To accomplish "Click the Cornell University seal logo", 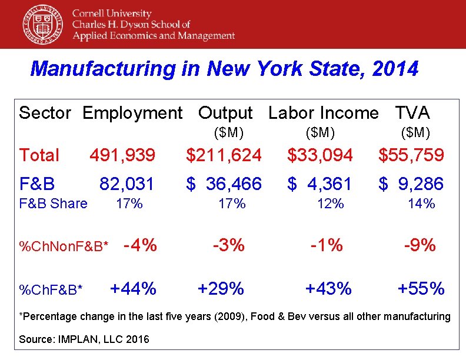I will (x=42, y=24).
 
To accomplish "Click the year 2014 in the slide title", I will (x=395, y=69).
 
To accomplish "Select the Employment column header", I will (x=132, y=112).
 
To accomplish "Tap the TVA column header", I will (x=412, y=112).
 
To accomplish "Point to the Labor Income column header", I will (x=324, y=112).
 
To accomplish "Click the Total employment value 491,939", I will (x=122, y=155).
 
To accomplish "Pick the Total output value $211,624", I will (x=224, y=155).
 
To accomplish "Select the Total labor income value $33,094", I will (x=320, y=155).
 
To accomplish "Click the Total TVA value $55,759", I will (x=411, y=155).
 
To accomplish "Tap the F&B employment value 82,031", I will (x=127, y=184).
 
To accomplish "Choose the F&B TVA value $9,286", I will (x=411, y=184).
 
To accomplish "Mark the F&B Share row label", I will (x=53, y=204).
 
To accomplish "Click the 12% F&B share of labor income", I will (x=330, y=204).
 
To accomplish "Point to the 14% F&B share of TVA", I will (x=421, y=204).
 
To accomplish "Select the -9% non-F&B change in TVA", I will (x=420, y=245).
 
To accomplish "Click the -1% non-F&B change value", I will (x=327, y=245).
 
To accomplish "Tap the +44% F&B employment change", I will (x=133, y=288).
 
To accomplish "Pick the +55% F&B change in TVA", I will (x=421, y=288).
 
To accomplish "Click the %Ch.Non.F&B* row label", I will (x=64, y=246).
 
